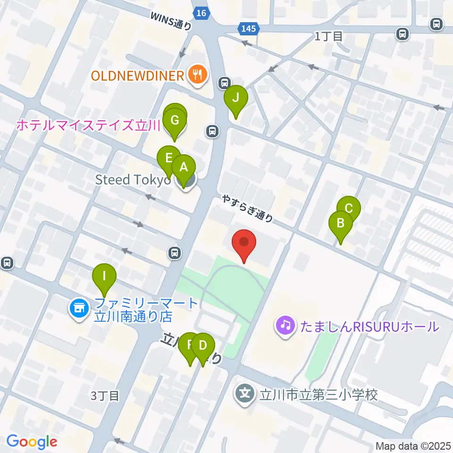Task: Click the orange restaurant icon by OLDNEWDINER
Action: (x=195, y=75)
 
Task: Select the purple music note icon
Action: (x=285, y=326)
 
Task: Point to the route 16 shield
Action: (x=201, y=13)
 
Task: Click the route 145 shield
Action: (x=248, y=29)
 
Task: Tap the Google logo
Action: (x=32, y=441)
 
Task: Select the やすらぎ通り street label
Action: (x=248, y=209)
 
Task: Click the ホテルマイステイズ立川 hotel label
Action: (x=89, y=125)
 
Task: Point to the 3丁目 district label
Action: (x=105, y=395)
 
